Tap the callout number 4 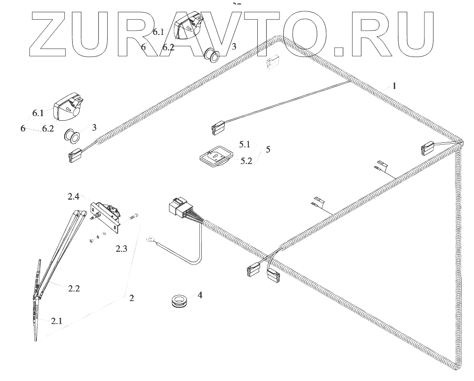pyautogui.click(x=200, y=295)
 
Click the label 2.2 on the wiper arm pyautogui.click(x=73, y=288)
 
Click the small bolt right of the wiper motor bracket pyautogui.click(x=133, y=217)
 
